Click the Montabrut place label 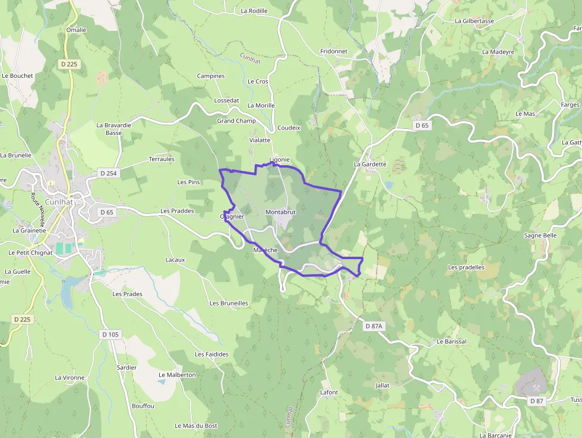280,212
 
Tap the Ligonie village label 279,160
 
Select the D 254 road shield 106,173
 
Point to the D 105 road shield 110,335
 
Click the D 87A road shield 375,326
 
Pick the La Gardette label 370,164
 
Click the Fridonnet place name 334,52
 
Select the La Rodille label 254,11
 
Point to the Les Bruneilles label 229,303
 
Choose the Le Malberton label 177,375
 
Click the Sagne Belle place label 540,235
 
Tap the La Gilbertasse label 474,21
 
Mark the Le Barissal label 451,342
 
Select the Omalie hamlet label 76,30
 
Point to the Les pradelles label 466,267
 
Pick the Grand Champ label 236,121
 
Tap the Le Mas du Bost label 196,426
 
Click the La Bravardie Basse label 113,129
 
